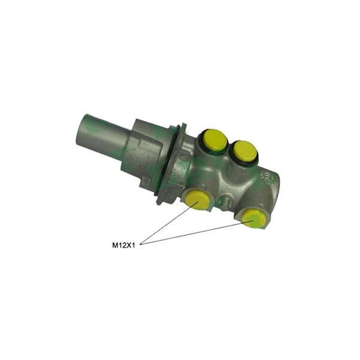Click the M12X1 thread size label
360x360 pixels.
pos(123,246)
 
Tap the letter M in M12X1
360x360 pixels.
pos(114,246)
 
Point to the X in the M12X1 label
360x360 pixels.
pos(129,246)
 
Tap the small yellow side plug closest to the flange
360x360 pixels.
pos(198,199)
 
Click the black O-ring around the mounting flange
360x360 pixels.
pos(170,161)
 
